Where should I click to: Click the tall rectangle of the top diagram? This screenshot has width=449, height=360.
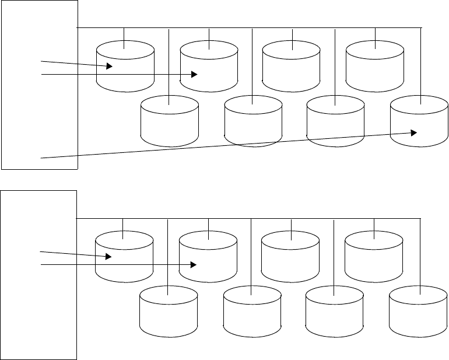pos(39,85)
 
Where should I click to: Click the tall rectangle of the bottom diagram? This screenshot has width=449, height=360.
pos(39,274)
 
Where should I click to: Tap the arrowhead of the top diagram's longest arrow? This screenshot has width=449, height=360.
pos(413,132)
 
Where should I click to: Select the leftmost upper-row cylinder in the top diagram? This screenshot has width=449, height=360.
pos(125,67)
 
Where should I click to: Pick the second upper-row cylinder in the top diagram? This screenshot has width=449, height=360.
pos(209,67)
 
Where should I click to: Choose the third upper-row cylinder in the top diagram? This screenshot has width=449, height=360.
pos(292,67)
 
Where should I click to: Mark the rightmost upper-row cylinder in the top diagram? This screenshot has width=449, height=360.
pos(375,67)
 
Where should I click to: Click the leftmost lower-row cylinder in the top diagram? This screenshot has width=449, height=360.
pos(170,124)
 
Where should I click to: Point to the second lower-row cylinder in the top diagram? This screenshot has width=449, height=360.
pos(252,124)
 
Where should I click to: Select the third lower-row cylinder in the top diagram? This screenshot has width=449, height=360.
pos(336,124)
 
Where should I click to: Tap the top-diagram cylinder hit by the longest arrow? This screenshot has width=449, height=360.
pos(419,124)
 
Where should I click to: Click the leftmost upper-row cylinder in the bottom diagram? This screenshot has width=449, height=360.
pos(124,257)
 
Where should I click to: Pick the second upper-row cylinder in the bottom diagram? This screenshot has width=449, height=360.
pos(208,257)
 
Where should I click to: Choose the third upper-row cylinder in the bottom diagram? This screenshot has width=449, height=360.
pos(290,257)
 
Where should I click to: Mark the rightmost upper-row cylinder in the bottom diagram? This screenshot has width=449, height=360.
pos(374,257)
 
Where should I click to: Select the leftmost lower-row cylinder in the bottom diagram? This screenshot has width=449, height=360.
pos(169,313)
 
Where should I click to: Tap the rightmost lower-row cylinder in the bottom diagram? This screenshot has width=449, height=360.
pos(418,313)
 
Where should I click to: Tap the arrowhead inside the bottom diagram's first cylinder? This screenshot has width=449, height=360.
pos(108,256)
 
